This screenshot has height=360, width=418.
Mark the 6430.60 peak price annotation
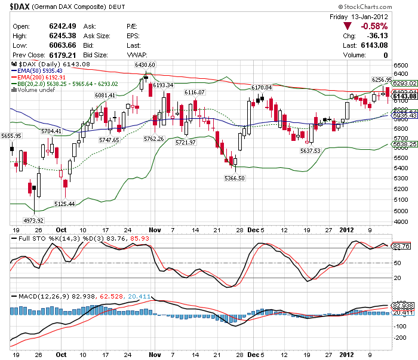coord(145,64)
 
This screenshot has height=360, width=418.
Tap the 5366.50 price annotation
coord(235,178)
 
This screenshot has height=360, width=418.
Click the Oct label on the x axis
coord(61,229)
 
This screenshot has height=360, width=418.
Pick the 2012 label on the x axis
coord(346,229)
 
